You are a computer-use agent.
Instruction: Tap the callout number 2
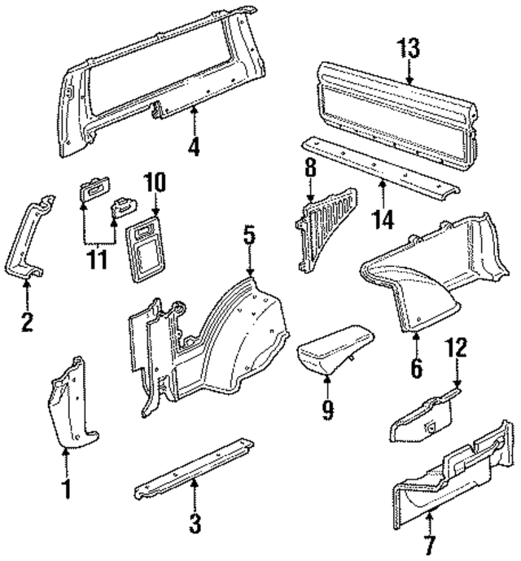tap(27, 323)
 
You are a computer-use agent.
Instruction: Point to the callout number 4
tap(194, 147)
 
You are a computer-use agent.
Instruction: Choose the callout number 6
tap(416, 369)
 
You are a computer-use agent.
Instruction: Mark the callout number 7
tap(429, 542)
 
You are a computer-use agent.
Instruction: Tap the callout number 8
tap(310, 169)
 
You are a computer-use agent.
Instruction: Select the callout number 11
tap(99, 265)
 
